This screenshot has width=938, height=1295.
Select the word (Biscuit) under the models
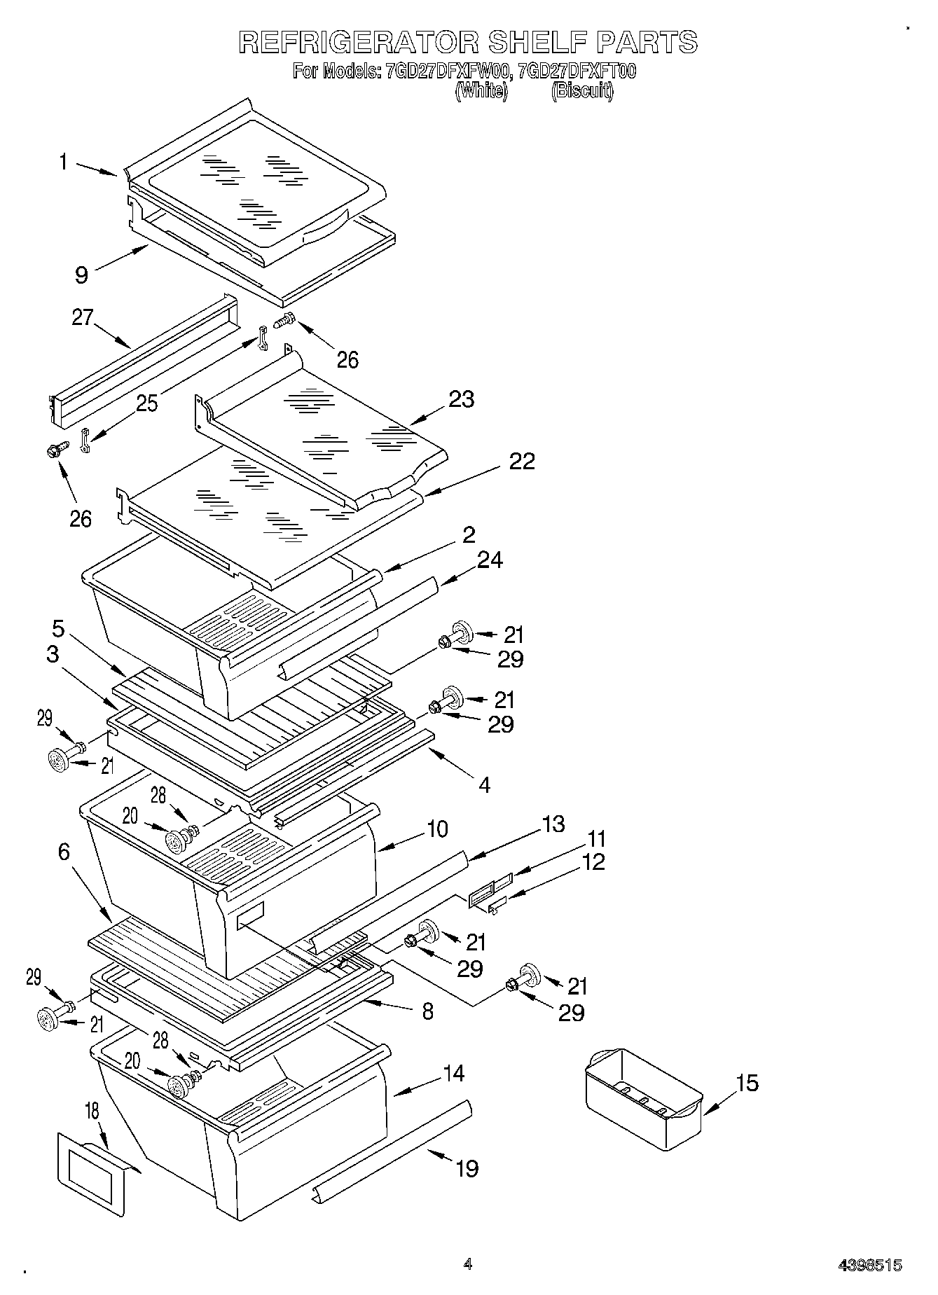[x=582, y=91]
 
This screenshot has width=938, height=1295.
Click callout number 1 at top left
[x=63, y=162]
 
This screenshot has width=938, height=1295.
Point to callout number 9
[x=82, y=275]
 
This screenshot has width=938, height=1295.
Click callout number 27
[x=82, y=317]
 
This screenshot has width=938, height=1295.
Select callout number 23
[x=462, y=399]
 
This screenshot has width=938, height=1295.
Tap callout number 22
[x=522, y=461]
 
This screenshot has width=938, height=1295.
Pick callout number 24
[x=490, y=560]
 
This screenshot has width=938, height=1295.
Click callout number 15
[x=747, y=1083]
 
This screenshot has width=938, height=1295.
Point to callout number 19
[x=467, y=1168]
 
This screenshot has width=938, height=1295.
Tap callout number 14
[x=454, y=1073]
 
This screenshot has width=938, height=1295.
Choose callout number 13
[x=553, y=824]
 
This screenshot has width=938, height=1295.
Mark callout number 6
[x=64, y=852]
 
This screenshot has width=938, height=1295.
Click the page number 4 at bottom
[x=468, y=1264]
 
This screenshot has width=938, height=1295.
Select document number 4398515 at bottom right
[x=870, y=1265]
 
